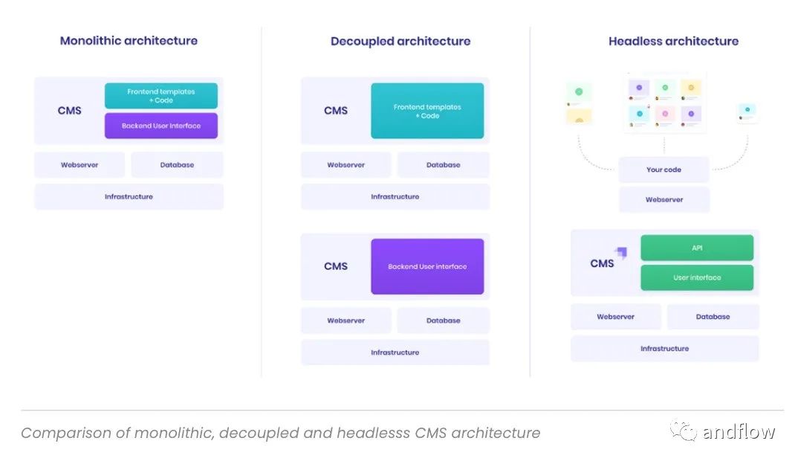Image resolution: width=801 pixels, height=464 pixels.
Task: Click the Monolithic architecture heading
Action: click(129, 41)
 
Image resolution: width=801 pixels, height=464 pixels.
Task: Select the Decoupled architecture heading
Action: click(400, 42)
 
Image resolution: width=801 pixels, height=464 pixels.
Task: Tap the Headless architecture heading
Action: click(673, 42)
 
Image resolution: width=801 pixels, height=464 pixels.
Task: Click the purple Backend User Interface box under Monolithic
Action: click(161, 126)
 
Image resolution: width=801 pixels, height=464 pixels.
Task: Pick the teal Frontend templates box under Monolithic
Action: click(161, 96)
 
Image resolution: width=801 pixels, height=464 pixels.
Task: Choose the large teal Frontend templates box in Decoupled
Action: click(427, 111)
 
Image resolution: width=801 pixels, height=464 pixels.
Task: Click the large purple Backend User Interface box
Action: click(427, 266)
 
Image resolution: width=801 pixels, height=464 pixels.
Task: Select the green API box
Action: click(697, 248)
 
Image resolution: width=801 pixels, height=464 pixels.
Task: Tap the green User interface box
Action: click(697, 277)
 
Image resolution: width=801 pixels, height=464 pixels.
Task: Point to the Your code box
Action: click(664, 170)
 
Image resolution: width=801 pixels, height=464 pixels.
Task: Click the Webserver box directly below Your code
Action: click(664, 199)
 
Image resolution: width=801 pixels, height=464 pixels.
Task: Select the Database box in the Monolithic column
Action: click(177, 165)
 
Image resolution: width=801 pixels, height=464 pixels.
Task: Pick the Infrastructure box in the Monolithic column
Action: click(129, 196)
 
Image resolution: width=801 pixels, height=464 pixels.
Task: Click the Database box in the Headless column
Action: click(713, 317)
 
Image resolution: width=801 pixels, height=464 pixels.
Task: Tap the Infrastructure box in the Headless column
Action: click(664, 348)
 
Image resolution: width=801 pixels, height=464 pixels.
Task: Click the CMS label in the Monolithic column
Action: click(69, 111)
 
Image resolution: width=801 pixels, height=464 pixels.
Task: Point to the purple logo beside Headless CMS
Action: click(620, 253)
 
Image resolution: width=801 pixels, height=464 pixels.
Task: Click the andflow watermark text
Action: click(738, 432)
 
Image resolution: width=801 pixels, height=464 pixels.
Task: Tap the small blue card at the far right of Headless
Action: click(747, 112)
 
